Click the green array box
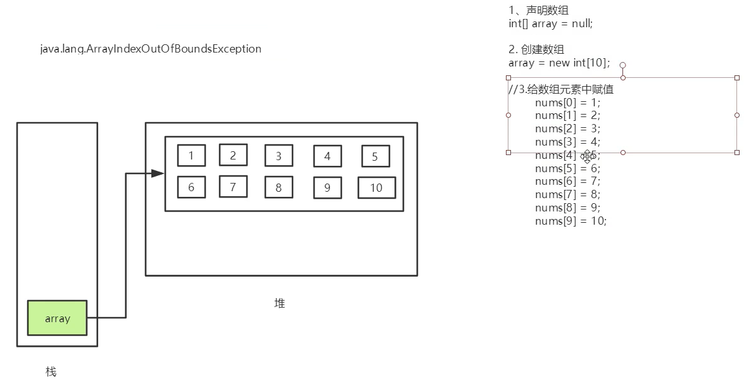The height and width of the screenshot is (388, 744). click(57, 318)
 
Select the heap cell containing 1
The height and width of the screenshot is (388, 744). click(191, 155)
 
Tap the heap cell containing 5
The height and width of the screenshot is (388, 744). click(375, 156)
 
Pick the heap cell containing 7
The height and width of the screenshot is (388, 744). click(233, 187)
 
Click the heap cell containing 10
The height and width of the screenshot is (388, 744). click(376, 187)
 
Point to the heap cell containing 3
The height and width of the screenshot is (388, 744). click(279, 156)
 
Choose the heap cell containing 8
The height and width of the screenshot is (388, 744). click(279, 187)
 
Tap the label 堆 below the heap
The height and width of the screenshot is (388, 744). click(279, 303)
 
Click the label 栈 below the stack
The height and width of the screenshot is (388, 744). click(51, 372)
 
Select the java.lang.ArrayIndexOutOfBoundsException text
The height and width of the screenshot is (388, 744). click(151, 49)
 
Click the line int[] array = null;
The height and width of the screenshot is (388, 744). click(550, 23)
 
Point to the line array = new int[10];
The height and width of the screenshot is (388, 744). click(558, 63)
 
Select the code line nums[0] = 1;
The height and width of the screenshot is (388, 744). click(567, 103)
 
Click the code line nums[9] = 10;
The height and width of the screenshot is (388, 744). click(571, 221)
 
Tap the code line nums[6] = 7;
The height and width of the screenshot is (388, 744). click(567, 182)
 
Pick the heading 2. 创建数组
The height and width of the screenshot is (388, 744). click(536, 49)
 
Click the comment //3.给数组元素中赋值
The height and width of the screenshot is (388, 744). click(561, 89)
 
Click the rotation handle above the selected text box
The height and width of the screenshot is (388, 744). click(623, 65)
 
